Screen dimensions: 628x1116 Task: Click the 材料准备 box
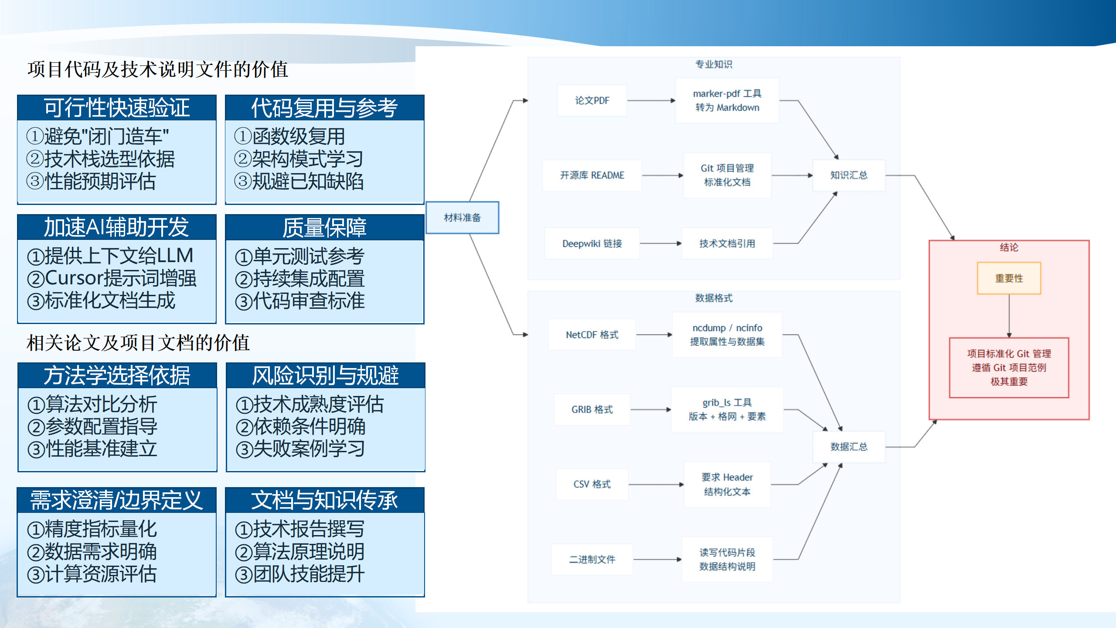(x=462, y=218)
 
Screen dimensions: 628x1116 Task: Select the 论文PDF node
(x=592, y=101)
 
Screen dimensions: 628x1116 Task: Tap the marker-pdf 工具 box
(x=727, y=101)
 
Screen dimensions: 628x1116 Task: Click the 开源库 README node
(x=592, y=175)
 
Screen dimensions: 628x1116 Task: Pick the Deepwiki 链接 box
(x=592, y=244)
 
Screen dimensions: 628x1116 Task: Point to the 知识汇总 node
(x=848, y=175)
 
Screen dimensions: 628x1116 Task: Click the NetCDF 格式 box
(x=592, y=335)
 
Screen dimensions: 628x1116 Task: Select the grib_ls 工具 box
(x=727, y=410)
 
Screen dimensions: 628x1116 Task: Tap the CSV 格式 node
(x=592, y=485)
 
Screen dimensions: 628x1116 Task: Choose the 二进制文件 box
(x=592, y=560)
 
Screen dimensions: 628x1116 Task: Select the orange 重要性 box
(x=1009, y=278)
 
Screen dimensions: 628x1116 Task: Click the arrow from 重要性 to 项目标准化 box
(x=1009, y=316)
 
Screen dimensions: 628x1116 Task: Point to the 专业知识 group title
(x=714, y=65)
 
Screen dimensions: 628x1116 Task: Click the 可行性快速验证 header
(x=116, y=108)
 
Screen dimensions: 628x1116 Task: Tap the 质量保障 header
(x=324, y=227)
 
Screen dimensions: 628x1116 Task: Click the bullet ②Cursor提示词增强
(x=112, y=278)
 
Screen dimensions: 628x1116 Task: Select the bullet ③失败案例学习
(x=300, y=449)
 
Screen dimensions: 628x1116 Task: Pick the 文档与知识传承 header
(x=324, y=500)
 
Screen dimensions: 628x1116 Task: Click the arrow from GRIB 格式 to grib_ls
(x=650, y=410)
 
